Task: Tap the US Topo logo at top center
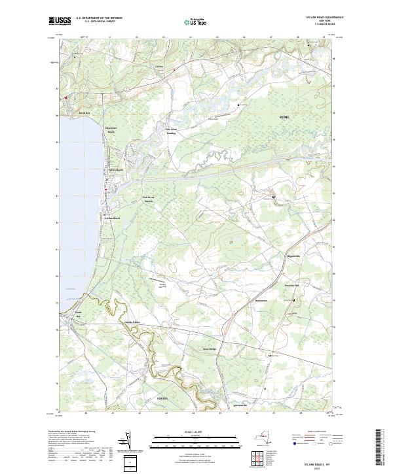(x=196, y=21)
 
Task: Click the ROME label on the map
(x=284, y=116)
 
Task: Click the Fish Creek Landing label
(x=171, y=131)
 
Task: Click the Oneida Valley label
(x=132, y=322)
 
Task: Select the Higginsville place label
(x=293, y=256)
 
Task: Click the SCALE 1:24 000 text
(x=196, y=430)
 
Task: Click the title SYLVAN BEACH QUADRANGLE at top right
(x=325, y=18)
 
